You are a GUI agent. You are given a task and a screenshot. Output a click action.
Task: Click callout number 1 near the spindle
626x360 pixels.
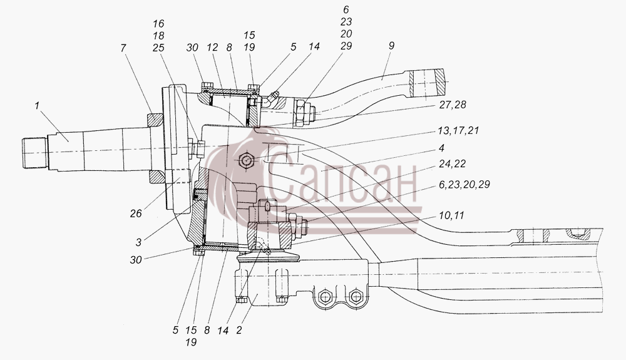37,106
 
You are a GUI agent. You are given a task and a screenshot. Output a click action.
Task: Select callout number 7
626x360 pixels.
123,48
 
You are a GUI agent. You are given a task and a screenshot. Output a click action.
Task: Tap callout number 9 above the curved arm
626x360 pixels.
391,46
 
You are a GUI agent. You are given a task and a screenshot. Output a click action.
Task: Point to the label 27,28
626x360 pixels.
453,105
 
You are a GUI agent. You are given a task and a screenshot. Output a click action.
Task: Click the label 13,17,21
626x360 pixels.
458,130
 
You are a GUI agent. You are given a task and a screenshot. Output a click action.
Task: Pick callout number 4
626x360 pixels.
441,148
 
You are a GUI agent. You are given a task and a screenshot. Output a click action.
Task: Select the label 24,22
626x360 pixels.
453,163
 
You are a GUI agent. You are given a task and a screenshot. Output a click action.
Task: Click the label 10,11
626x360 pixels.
451,215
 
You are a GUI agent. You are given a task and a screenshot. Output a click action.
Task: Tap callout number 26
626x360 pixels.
136,213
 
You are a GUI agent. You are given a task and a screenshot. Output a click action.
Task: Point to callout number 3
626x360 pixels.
138,242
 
